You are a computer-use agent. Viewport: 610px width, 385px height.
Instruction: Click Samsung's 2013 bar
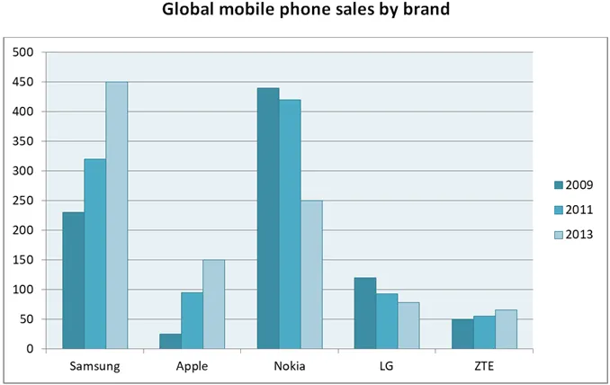117,215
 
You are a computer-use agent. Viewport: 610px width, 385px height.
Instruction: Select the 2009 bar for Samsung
74,281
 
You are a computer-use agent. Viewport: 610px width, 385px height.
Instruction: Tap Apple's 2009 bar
170,341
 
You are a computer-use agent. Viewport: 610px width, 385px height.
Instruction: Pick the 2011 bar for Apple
193,320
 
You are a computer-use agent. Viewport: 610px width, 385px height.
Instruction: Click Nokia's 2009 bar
268,219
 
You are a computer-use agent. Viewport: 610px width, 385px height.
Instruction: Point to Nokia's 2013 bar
311,274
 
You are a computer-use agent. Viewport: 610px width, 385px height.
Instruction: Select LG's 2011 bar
387,321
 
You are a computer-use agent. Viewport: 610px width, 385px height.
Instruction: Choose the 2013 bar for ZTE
507,329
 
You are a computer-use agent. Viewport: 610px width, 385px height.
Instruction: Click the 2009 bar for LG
365,313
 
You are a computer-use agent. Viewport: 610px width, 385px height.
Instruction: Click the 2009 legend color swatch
559,185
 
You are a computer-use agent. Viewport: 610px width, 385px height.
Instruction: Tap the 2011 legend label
579,210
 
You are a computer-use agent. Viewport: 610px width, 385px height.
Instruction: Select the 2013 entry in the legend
574,235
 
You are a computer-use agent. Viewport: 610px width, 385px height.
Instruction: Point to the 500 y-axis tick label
23,52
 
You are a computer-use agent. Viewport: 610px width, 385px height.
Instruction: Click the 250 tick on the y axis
23,201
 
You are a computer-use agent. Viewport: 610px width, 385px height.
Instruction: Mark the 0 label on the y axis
30,349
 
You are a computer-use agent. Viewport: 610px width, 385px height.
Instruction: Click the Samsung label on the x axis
95,366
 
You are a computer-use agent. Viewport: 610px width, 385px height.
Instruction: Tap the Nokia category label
290,366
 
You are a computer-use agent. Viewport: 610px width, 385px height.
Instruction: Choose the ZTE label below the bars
484,366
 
